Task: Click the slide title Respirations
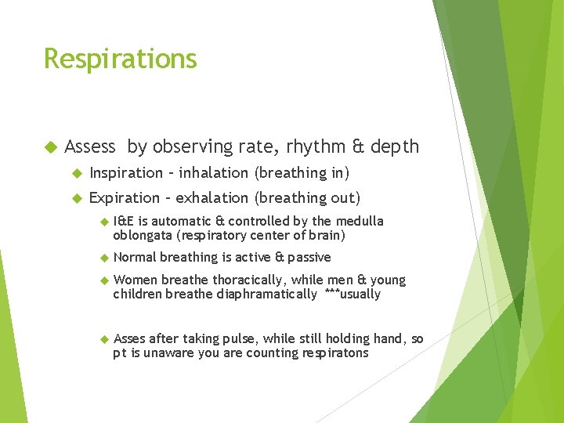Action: [120, 59]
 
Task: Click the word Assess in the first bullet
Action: [90, 146]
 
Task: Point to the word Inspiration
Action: [125, 172]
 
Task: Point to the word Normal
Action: [135, 257]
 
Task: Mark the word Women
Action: [134, 280]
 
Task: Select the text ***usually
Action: [352, 295]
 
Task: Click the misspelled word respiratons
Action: [332, 353]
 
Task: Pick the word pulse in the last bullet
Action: [240, 339]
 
